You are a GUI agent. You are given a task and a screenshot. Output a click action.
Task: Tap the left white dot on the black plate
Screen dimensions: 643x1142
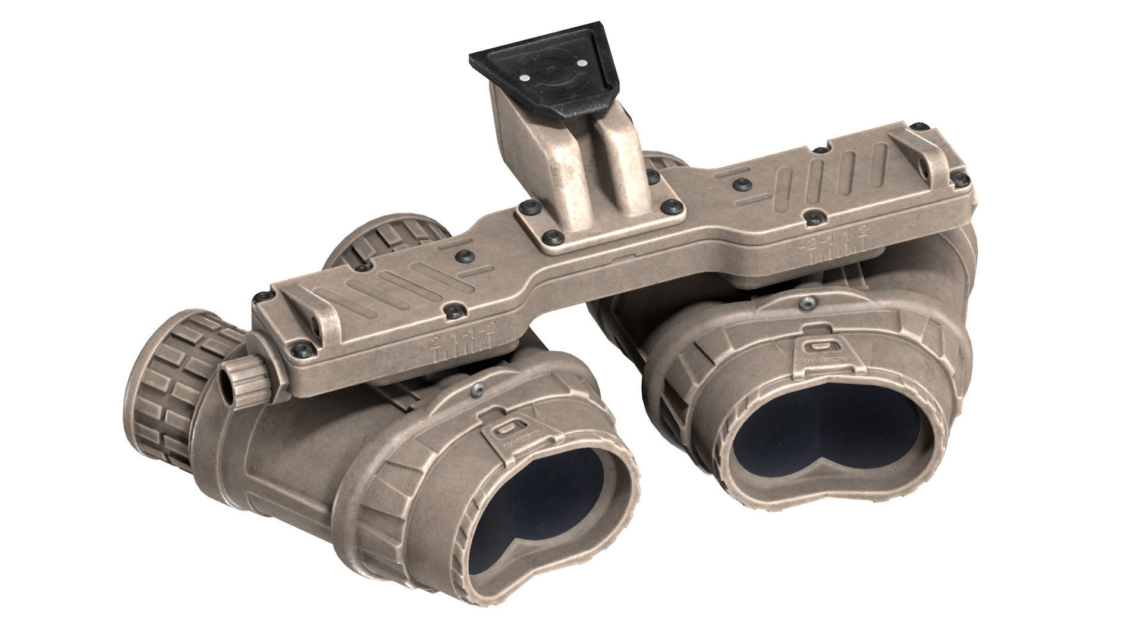pos(523,78)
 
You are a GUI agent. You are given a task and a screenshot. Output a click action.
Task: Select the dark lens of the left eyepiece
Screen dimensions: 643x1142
pos(535,507)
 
